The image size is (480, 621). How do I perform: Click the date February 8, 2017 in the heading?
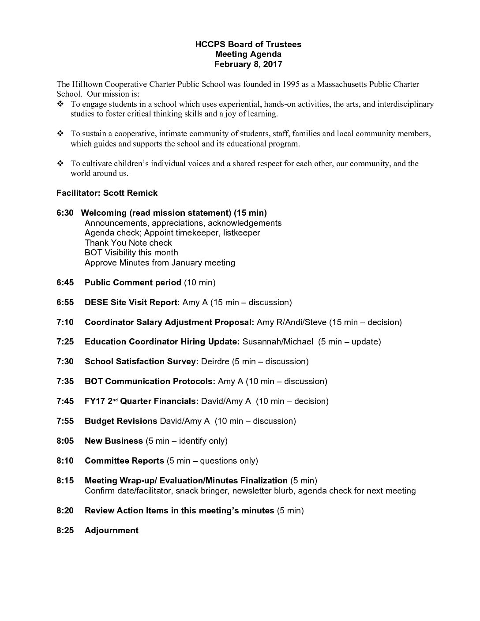(248, 64)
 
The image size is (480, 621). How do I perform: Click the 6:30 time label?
(65, 213)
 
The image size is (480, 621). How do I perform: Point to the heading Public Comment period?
(133, 282)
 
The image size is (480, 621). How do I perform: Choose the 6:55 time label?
(65, 302)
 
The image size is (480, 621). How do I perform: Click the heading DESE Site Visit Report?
(132, 302)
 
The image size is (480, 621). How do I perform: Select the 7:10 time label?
(65, 322)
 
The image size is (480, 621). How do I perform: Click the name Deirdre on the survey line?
(215, 361)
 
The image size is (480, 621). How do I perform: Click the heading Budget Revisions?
(121, 421)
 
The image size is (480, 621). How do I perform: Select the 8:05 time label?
(65, 441)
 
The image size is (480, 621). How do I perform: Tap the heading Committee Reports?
(124, 460)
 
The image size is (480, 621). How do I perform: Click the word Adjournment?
(111, 530)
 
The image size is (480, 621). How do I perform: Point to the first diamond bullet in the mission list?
(60, 104)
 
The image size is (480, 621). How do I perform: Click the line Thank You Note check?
(128, 243)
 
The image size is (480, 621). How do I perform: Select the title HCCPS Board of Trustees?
(248, 44)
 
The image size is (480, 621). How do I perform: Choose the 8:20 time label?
(65, 510)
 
